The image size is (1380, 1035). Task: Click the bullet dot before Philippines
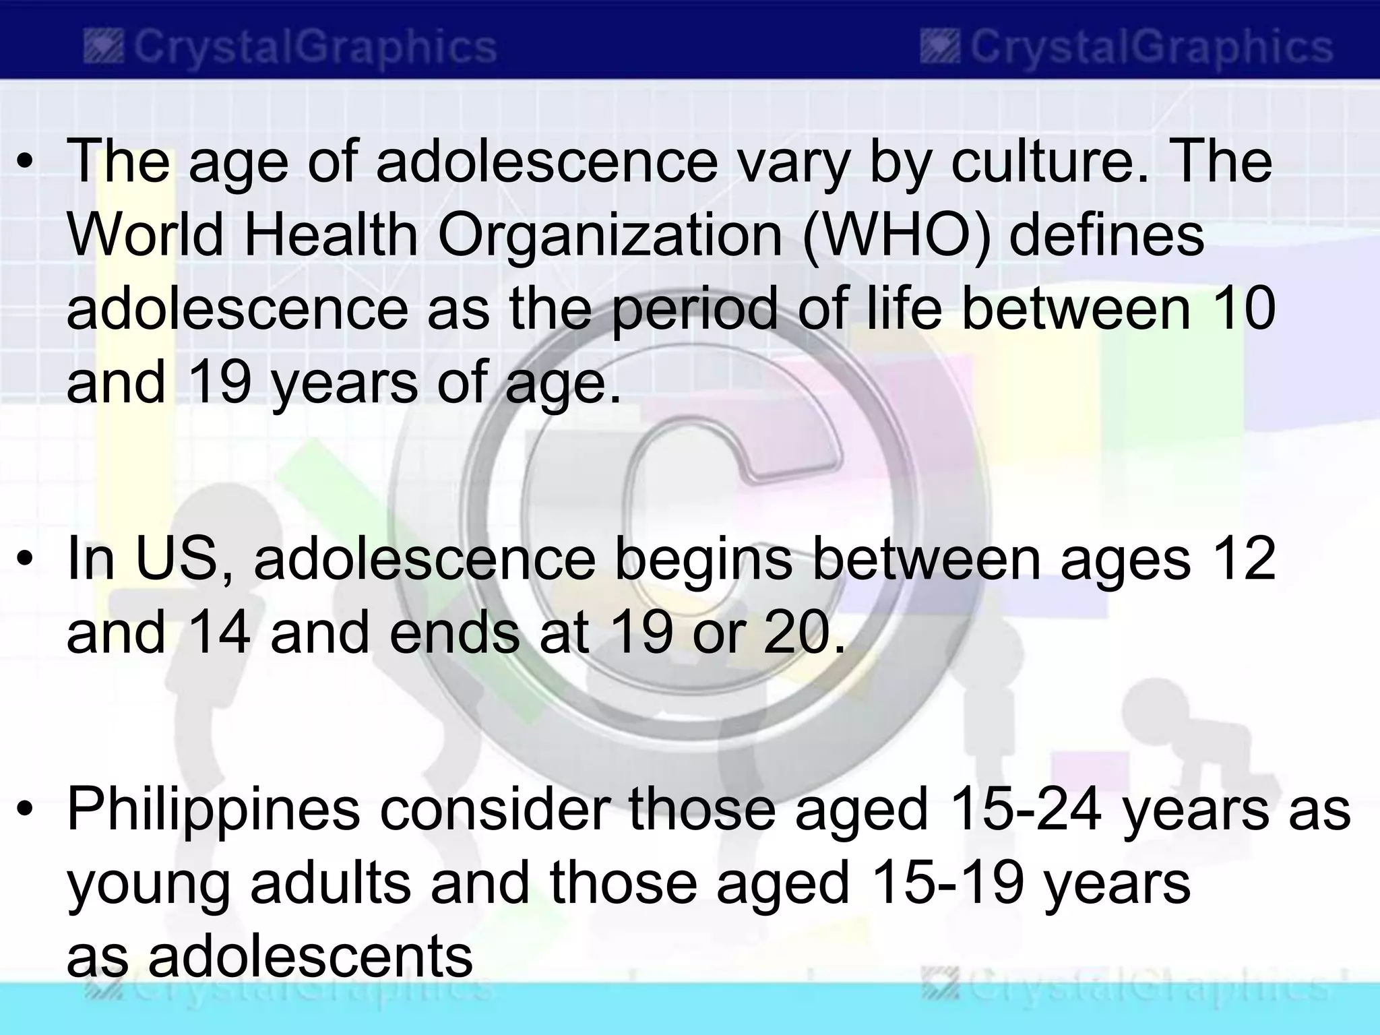click(25, 810)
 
